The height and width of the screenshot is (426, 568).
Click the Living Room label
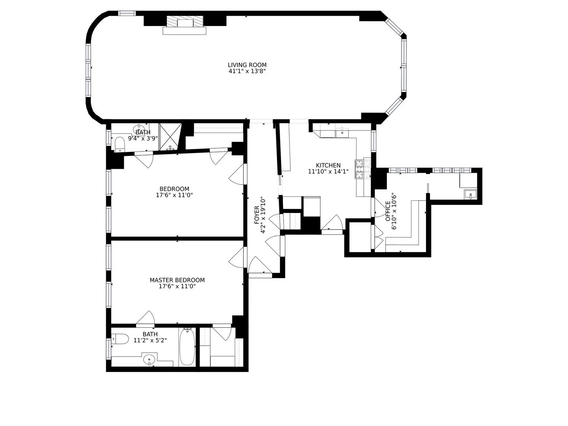pyautogui.click(x=247, y=65)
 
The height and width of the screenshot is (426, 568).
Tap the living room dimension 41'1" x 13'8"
pyautogui.click(x=247, y=71)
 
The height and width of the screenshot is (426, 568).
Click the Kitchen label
pyautogui.click(x=328, y=165)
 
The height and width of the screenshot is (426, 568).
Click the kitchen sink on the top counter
pyautogui.click(x=342, y=133)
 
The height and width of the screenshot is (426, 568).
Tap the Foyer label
pyautogui.click(x=257, y=215)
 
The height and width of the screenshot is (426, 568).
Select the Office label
pyautogui.click(x=388, y=211)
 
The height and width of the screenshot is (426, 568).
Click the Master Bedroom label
pyautogui.click(x=177, y=280)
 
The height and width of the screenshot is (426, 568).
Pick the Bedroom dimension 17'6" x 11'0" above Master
pyautogui.click(x=174, y=195)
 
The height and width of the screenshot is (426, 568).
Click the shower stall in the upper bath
pyautogui.click(x=170, y=136)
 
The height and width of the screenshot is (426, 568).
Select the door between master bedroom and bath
pyautogui.click(x=146, y=319)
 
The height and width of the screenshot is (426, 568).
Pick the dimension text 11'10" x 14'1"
pyautogui.click(x=328, y=172)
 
